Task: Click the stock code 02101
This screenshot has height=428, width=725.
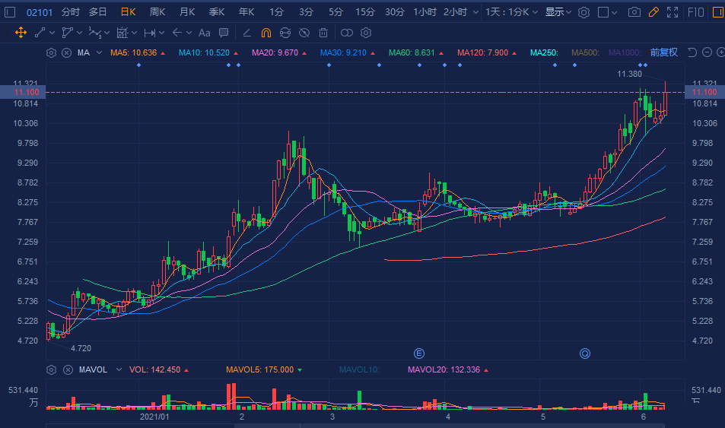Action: point(40,12)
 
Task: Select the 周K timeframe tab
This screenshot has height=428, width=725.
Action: point(157,12)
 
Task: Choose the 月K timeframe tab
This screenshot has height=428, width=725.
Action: point(186,12)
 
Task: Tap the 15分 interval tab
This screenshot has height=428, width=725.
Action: point(365,12)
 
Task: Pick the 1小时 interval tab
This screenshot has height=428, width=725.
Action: point(425,12)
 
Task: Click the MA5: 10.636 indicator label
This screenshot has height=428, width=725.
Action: point(134,52)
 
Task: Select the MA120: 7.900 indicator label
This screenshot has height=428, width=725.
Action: point(482,52)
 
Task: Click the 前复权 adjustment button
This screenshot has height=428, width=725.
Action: point(663,52)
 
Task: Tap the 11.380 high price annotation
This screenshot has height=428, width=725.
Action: point(629,74)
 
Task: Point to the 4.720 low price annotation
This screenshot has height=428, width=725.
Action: point(81,348)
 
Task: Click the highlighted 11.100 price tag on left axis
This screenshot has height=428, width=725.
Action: point(26,92)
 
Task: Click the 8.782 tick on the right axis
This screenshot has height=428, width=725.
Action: point(704,182)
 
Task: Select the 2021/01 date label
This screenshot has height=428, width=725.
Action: point(154,417)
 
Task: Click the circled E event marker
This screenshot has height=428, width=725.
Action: point(418,353)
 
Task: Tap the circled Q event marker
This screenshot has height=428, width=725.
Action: point(585,353)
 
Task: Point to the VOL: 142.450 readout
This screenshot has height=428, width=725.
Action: point(154,369)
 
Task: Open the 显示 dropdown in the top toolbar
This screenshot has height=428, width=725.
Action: point(558,12)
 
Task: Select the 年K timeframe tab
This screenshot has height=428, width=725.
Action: point(246,12)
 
